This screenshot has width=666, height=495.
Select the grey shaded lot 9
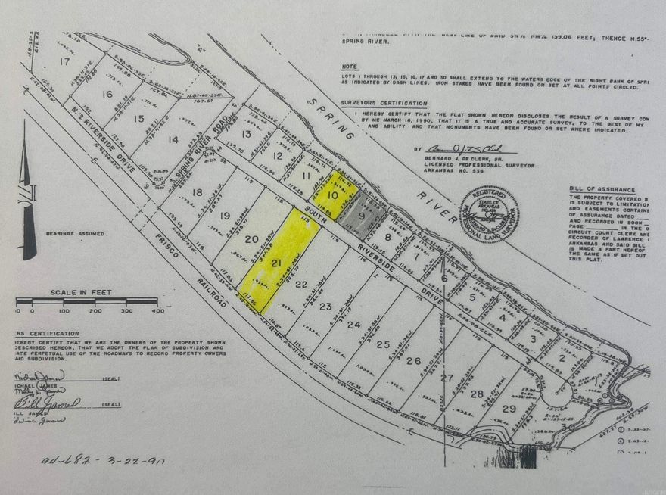[362, 214]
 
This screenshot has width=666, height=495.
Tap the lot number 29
[509, 409]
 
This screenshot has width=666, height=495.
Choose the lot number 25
[383, 344]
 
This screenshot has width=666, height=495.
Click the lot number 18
[198, 192]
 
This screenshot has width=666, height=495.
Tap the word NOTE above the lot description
[350, 67]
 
